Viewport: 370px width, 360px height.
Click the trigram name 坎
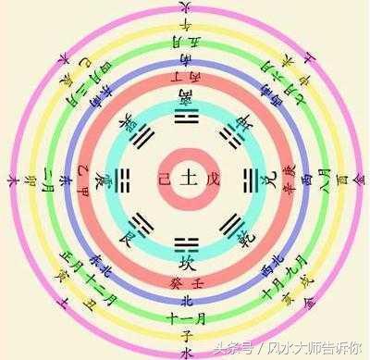[185, 260]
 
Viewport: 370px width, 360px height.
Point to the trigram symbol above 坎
[185, 241]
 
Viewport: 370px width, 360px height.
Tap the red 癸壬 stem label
[185, 279]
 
